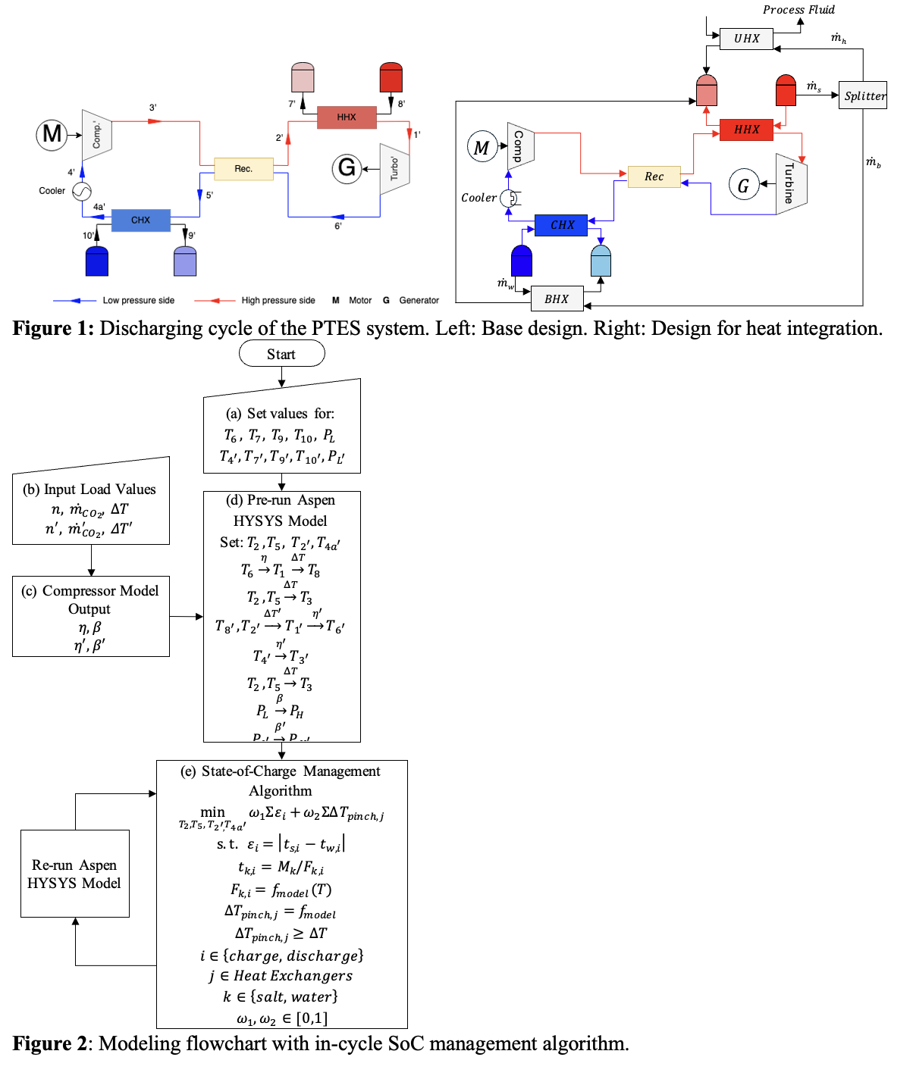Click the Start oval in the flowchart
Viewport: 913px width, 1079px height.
click(281, 354)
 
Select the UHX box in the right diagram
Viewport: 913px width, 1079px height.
click(746, 39)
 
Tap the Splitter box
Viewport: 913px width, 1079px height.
click(863, 95)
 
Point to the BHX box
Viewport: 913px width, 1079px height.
click(557, 299)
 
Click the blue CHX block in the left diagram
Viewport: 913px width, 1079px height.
click(141, 220)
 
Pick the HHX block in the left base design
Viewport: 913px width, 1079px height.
click(347, 117)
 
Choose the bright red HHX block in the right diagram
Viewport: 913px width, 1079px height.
click(746, 130)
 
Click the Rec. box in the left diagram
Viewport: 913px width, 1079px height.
click(243, 168)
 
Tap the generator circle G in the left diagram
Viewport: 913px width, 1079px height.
click(347, 167)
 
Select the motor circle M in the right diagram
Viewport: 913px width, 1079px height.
click(482, 147)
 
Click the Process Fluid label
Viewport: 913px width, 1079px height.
click(798, 10)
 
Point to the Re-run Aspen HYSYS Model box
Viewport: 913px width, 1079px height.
click(75, 874)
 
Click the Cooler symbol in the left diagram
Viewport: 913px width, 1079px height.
click(82, 191)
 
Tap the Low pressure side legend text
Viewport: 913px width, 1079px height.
click(139, 301)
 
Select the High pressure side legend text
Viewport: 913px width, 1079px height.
click(278, 301)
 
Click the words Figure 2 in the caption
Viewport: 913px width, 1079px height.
click(49, 1044)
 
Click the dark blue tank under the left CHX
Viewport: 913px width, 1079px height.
click(97, 261)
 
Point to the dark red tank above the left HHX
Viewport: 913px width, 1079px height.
click(391, 78)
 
